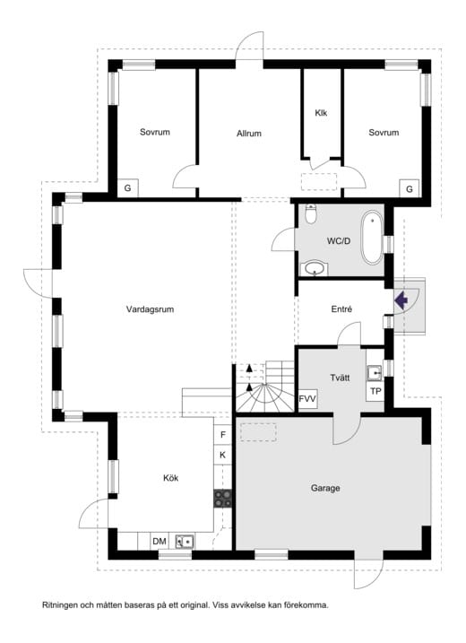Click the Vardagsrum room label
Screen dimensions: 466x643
tap(150, 309)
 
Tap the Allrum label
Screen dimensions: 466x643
tap(249, 134)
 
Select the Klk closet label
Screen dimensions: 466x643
tap(321, 113)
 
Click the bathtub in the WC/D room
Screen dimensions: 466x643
tap(372, 237)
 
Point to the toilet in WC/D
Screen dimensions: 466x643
tap(311, 213)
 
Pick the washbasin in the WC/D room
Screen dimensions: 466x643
tap(315, 269)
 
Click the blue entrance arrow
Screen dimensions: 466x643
tap(401, 300)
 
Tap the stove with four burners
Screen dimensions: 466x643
tap(222, 499)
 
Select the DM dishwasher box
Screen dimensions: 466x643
tap(160, 542)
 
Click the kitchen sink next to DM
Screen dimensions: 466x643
tap(185, 542)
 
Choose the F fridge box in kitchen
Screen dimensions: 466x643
tap(223, 434)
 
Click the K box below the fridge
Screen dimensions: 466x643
tap(223, 455)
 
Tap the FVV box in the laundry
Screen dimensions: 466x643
tap(307, 398)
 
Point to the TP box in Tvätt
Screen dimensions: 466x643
tap(375, 391)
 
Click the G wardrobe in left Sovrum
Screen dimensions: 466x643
tap(128, 188)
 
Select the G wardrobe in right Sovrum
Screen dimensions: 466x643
tap(410, 189)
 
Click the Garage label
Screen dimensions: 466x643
tap(325, 488)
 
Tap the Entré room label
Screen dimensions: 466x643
tap(341, 309)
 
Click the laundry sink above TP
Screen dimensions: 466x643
tap(375, 372)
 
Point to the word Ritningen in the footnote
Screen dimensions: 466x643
tap(60, 604)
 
